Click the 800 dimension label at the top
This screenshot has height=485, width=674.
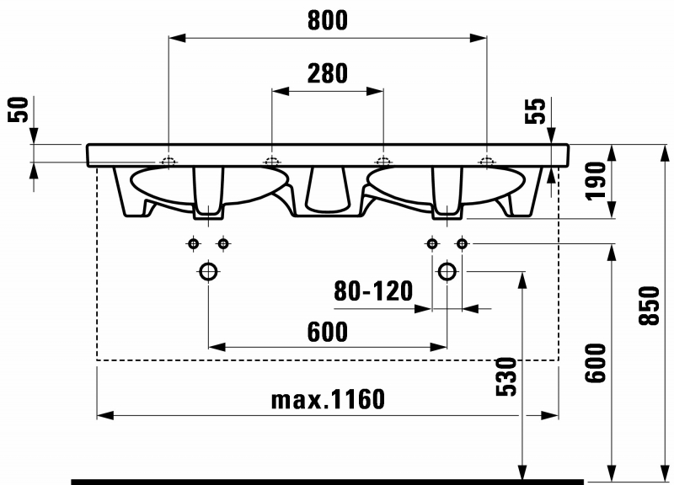(x=328, y=20)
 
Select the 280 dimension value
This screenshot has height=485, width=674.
(x=328, y=73)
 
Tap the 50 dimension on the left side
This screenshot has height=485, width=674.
(x=19, y=109)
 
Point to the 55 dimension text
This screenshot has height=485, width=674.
(x=535, y=111)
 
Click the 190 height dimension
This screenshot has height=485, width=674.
(x=596, y=181)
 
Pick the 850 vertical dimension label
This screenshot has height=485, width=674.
(x=650, y=306)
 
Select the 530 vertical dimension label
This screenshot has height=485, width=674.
(x=506, y=376)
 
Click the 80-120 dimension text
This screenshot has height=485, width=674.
(x=373, y=291)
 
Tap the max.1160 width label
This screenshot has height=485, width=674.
(x=328, y=399)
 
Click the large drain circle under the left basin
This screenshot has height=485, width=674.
(x=208, y=271)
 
